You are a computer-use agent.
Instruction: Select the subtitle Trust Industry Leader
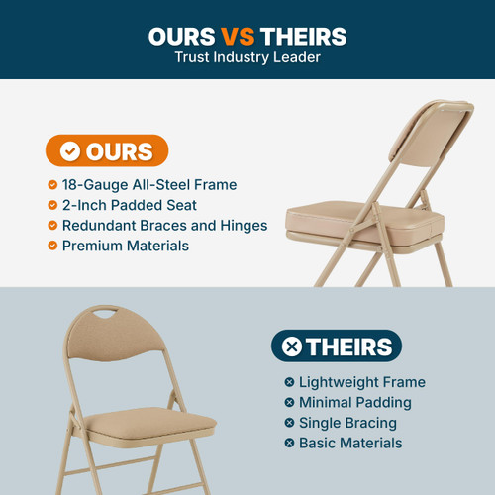(x=247, y=58)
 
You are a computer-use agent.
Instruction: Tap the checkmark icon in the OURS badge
(x=69, y=151)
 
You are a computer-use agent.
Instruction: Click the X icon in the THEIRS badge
(x=292, y=346)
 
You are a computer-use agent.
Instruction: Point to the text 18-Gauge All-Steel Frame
(x=148, y=184)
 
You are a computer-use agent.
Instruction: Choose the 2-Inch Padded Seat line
(x=129, y=205)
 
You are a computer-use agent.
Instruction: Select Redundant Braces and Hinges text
(x=164, y=225)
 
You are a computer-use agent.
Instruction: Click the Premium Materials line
(x=125, y=245)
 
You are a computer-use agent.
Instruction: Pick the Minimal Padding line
(x=354, y=402)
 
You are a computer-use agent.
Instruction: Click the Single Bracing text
(x=346, y=423)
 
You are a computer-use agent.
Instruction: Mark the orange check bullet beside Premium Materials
(x=52, y=245)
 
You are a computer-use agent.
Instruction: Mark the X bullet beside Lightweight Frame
(x=289, y=382)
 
